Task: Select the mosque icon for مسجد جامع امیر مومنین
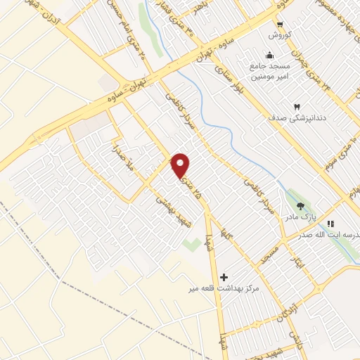pos(269,56)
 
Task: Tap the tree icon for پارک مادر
pos(301,206)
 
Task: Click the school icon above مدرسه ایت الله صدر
pos(330,224)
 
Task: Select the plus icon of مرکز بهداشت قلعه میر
pos(224,277)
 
